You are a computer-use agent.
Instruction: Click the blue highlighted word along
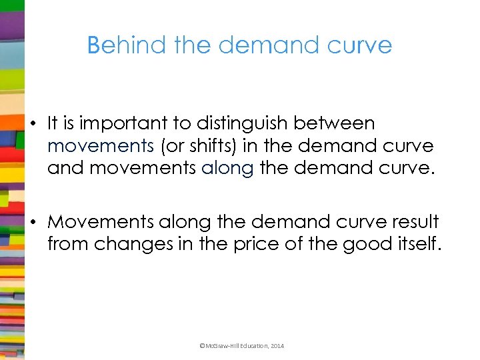[x=227, y=168]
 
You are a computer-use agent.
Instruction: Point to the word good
[x=364, y=243]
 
